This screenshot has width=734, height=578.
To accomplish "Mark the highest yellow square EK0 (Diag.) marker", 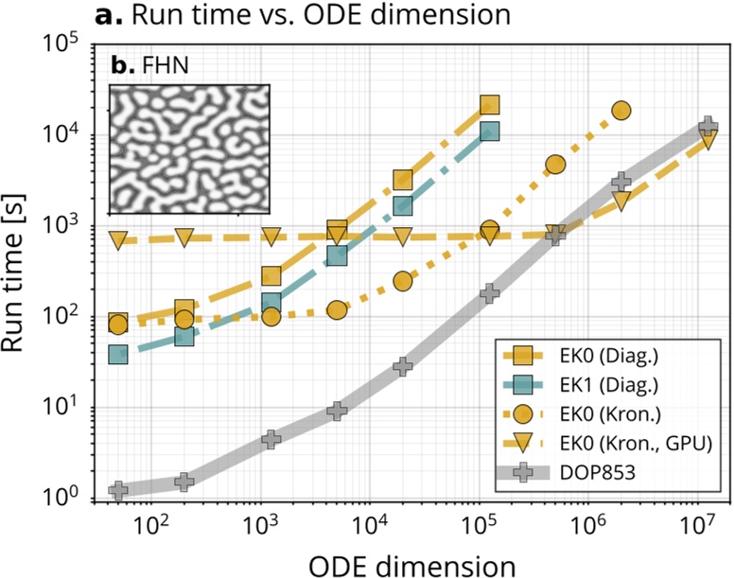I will pyautogui.click(x=489, y=105).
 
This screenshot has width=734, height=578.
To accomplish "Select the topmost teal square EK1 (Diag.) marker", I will pyautogui.click(x=489, y=131).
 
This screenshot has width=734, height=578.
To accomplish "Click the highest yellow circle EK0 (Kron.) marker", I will pyautogui.click(x=620, y=111).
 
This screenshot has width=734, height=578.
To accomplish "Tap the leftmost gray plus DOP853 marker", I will pyautogui.click(x=118, y=490).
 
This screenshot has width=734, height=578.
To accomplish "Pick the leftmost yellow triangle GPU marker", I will pyautogui.click(x=118, y=240).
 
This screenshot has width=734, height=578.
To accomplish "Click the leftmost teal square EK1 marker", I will pyautogui.click(x=118, y=355).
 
